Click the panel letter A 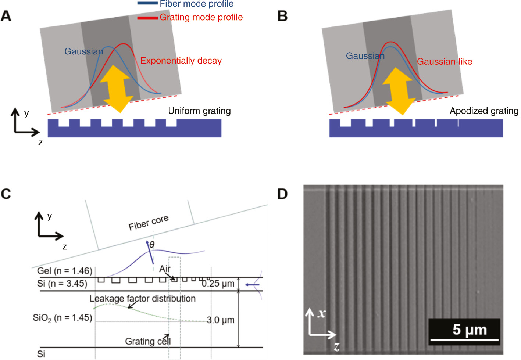pyautogui.click(x=6, y=16)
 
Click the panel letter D pyautogui.click(x=282, y=194)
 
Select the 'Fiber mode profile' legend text pyautogui.click(x=196, y=4)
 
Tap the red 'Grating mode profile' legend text pyautogui.click(x=201, y=17)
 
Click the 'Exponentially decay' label pyautogui.click(x=181, y=61)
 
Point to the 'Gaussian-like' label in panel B pyautogui.click(x=444, y=62)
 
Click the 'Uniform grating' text pyautogui.click(x=199, y=111)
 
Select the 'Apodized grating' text pyautogui.click(x=484, y=111)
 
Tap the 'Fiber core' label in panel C pyautogui.click(x=149, y=223)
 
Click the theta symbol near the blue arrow pyautogui.click(x=152, y=245)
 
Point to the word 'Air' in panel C pyautogui.click(x=165, y=269)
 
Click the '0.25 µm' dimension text pyautogui.click(x=218, y=284)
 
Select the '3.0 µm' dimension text pyautogui.click(x=220, y=320)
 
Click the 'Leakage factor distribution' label pyautogui.click(x=142, y=299)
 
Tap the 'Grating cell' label pyautogui.click(x=148, y=341)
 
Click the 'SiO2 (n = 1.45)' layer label pyautogui.click(x=63, y=318)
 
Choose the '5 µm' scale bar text pyautogui.click(x=470, y=330)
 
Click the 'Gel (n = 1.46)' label pyautogui.click(x=65, y=271)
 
